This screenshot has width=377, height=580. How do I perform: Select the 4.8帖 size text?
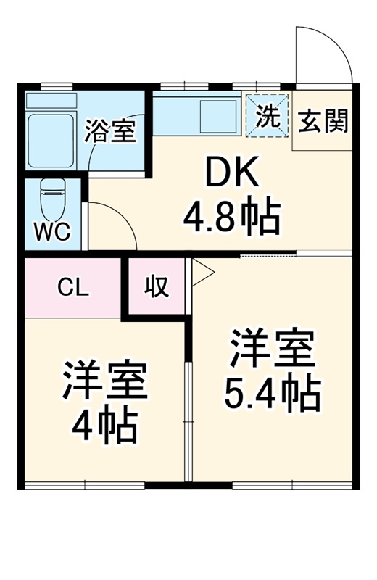pos(231,216)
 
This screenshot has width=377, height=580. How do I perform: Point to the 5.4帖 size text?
pos(272,394)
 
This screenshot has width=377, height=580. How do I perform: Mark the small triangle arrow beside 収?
pos(202,273)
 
